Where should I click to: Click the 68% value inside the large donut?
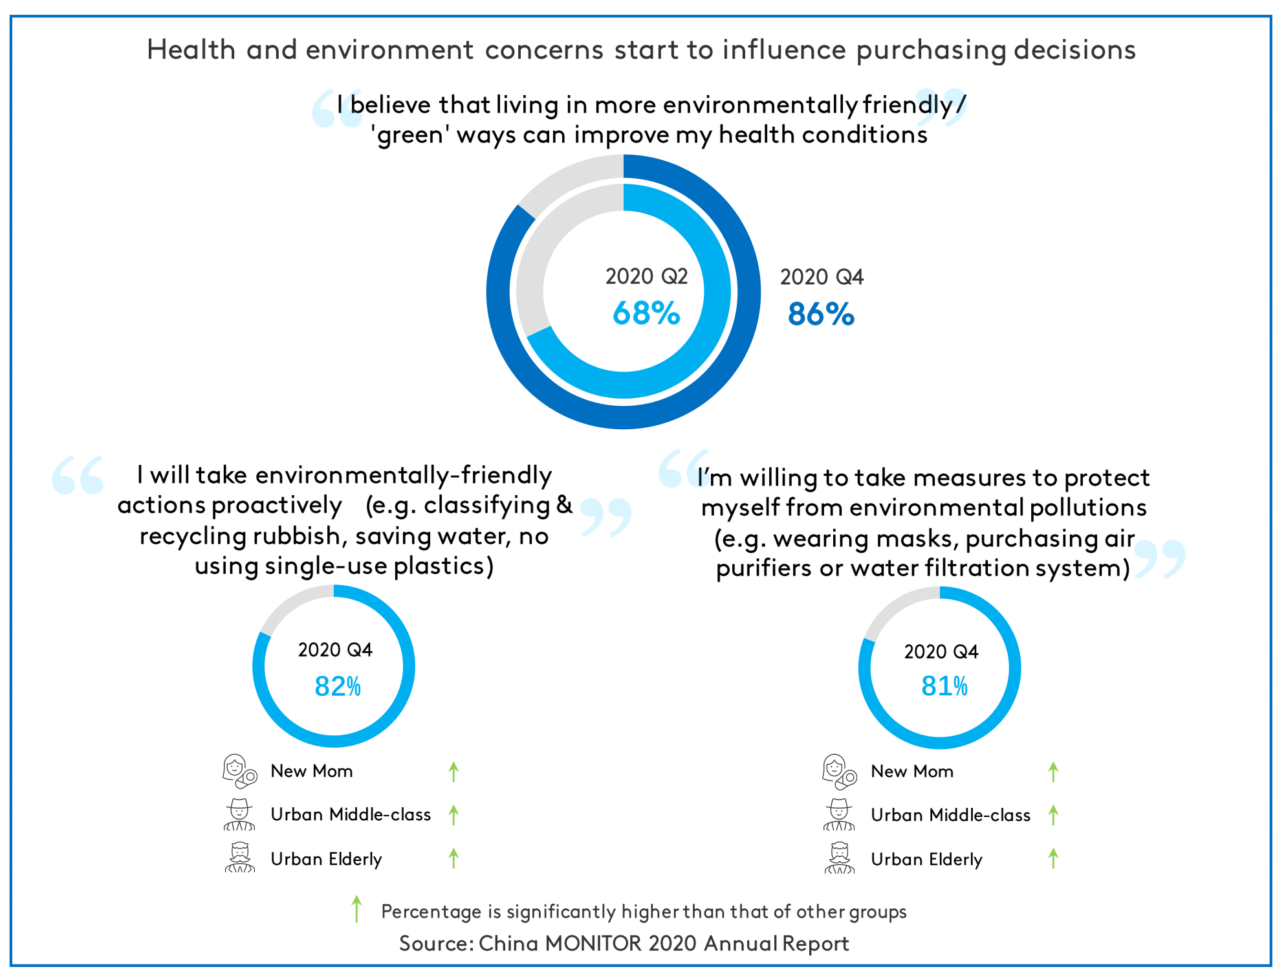tap(646, 313)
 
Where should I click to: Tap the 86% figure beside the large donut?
tap(821, 314)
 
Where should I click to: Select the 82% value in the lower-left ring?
tap(337, 686)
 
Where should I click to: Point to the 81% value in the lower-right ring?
tap(944, 686)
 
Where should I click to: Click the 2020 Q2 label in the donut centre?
tap(646, 276)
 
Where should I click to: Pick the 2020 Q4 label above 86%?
tap(821, 277)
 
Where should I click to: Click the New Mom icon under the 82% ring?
tap(239, 771)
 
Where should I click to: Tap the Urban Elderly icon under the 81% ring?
tap(840, 858)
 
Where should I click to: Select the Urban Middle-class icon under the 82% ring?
tap(239, 814)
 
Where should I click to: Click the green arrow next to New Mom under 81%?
tap(1053, 772)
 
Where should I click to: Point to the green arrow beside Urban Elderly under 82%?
tap(453, 858)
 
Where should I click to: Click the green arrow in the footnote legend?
tap(356, 909)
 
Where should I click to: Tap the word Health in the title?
tap(191, 50)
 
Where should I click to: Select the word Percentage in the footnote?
tap(431, 911)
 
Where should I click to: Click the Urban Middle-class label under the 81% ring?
tap(950, 815)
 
